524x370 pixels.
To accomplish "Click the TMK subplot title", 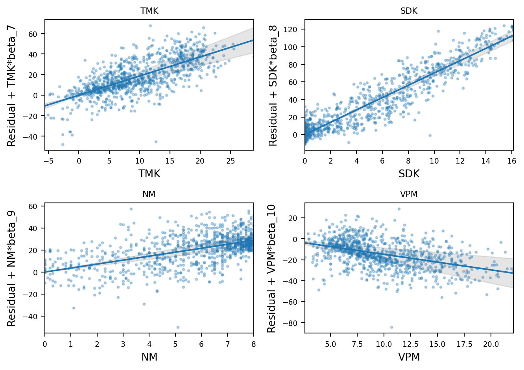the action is (149, 11).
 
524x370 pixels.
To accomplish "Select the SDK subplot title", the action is (409, 11).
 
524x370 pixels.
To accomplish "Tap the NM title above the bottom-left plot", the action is (149, 194).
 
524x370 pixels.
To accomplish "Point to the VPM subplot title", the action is (409, 194).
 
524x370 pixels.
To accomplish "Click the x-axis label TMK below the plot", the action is (149, 174).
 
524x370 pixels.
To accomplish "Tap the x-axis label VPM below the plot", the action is (409, 357).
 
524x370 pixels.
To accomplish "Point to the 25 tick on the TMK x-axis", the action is (231, 161).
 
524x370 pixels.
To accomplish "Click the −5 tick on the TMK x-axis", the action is (48, 161).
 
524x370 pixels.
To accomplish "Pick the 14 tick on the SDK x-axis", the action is (485, 161).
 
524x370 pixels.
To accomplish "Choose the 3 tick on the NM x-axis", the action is (123, 344).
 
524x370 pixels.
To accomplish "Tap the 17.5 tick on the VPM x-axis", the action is (464, 344).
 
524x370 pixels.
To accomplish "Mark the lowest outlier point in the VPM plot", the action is (391, 327).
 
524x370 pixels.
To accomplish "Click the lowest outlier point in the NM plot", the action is (178, 327).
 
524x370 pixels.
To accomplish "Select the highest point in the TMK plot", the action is (150, 26).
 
